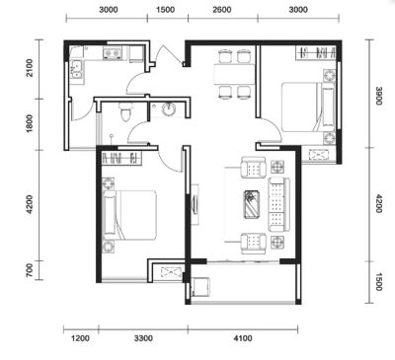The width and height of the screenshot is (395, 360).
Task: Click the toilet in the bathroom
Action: pyautogui.click(x=125, y=111)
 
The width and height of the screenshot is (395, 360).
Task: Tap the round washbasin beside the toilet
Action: pyautogui.click(x=169, y=109)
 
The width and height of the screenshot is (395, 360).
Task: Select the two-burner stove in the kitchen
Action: pyautogui.click(x=113, y=53)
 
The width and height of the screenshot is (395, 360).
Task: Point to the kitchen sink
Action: pyautogui.click(x=76, y=69)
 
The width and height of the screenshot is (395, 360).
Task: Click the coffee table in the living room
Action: pyautogui.click(x=252, y=204)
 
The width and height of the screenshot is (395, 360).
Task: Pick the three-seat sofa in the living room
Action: pyautogui.click(x=278, y=204)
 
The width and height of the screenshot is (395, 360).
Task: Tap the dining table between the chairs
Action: pyautogui.click(x=234, y=74)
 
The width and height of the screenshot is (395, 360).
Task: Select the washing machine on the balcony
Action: pyautogui.click(x=200, y=287)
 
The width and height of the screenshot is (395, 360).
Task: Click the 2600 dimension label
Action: pyautogui.click(x=221, y=10)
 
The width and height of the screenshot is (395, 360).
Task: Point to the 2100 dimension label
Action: pyautogui.click(x=30, y=68)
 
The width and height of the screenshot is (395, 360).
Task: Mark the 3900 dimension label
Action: pyautogui.click(x=378, y=96)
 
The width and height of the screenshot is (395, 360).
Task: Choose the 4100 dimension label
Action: pyautogui.click(x=243, y=338)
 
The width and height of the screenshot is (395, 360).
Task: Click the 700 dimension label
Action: pyautogui.click(x=30, y=270)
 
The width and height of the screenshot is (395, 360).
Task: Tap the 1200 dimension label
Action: pyautogui.click(x=80, y=338)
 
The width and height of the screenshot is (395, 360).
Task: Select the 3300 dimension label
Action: pyautogui.click(x=143, y=338)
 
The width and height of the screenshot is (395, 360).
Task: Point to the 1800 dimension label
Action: pyautogui.click(x=30, y=123)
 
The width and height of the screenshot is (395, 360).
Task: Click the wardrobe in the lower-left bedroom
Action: pyautogui.click(x=121, y=158)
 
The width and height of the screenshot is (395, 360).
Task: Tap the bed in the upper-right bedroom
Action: pyautogui.click(x=308, y=107)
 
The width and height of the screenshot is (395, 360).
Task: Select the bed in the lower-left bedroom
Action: pyautogui.click(x=129, y=215)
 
